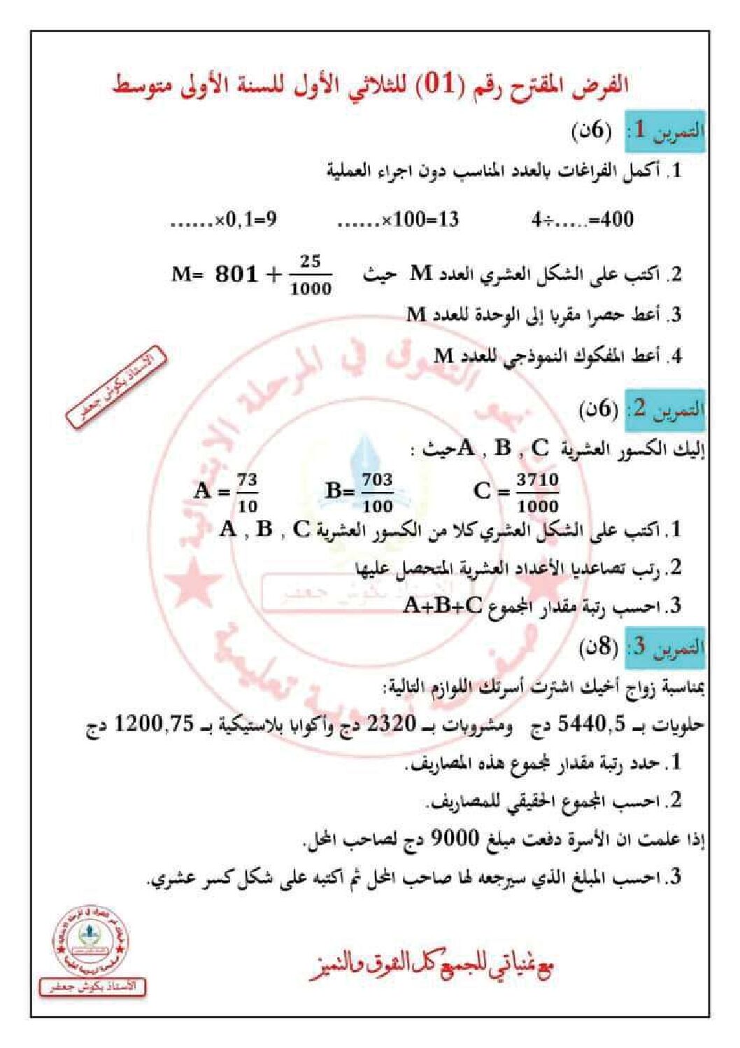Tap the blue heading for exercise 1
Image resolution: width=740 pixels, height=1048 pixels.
click(664, 131)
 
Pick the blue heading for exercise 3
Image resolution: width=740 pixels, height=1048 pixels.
click(664, 646)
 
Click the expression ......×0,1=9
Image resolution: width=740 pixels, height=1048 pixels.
click(224, 220)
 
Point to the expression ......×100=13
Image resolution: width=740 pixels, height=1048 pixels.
click(398, 220)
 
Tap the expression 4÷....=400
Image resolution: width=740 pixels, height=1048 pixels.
click(582, 220)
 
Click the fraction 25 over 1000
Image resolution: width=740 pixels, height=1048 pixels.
click(311, 275)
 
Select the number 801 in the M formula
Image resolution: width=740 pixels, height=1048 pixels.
click(236, 274)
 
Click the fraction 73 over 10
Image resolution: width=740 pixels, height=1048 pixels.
click(247, 492)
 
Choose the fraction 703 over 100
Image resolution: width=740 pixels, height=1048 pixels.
click(377, 492)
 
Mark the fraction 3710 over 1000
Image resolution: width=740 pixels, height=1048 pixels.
click(537, 492)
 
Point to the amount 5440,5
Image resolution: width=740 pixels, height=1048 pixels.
click(592, 724)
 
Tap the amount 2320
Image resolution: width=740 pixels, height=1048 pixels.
click(392, 724)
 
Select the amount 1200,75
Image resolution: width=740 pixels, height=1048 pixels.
click(153, 724)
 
